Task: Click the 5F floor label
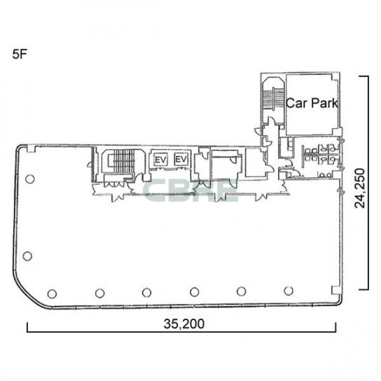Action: (19, 54)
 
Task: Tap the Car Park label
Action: (312, 103)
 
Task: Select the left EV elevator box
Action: (161, 160)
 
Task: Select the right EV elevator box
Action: (181, 160)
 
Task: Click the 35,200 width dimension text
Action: (184, 324)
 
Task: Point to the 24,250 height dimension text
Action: (360, 188)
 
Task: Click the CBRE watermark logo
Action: (191, 190)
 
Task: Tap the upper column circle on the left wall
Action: (30, 179)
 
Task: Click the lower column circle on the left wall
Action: (27, 256)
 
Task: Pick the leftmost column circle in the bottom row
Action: (52, 293)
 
